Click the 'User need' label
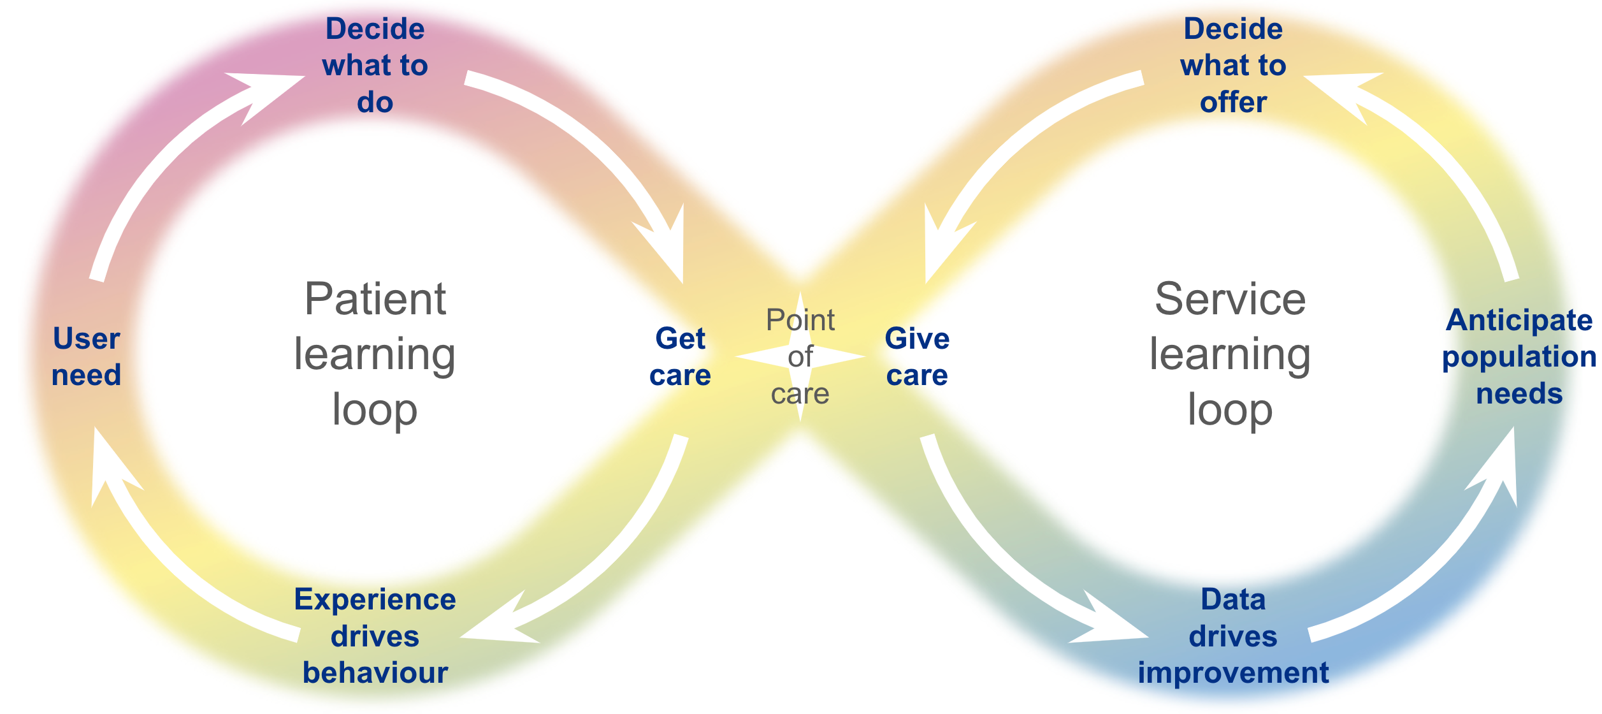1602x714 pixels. pyautogui.click(x=86, y=356)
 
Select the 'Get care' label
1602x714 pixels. pyautogui.click(x=680, y=356)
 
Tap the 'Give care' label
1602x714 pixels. pyautogui.click(x=917, y=356)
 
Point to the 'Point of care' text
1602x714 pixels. pyautogui.click(x=800, y=356)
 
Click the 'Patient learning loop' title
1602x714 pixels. pyautogui.click(x=375, y=354)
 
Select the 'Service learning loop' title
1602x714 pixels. pyautogui.click(x=1230, y=354)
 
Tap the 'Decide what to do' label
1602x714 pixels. pyautogui.click(x=375, y=65)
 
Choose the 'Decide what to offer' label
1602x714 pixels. pyautogui.click(x=1233, y=65)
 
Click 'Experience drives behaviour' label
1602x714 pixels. pyautogui.click(x=375, y=636)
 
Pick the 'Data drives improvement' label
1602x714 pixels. pyautogui.click(x=1233, y=636)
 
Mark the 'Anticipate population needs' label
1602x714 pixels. pyautogui.click(x=1519, y=356)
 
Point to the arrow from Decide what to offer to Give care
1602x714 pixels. pyautogui.click(x=1013, y=147)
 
